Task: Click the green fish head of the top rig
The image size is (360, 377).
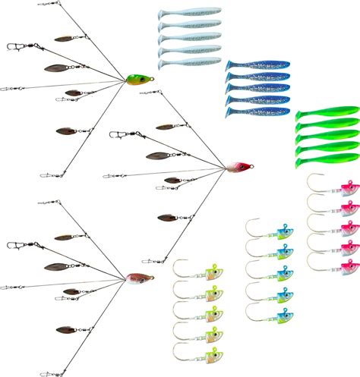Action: pyautogui.click(x=137, y=78)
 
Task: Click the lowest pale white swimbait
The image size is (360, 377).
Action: pyautogui.click(x=189, y=62)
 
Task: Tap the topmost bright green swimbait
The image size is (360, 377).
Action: pyautogui.click(x=327, y=115)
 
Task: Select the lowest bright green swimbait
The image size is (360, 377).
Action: pyautogui.click(x=327, y=160)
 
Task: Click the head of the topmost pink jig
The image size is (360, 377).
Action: pyautogui.click(x=349, y=187)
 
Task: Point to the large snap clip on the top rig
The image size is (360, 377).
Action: pyautogui.click(x=14, y=46)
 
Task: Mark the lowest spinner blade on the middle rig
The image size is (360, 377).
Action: pyautogui.click(x=168, y=218)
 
